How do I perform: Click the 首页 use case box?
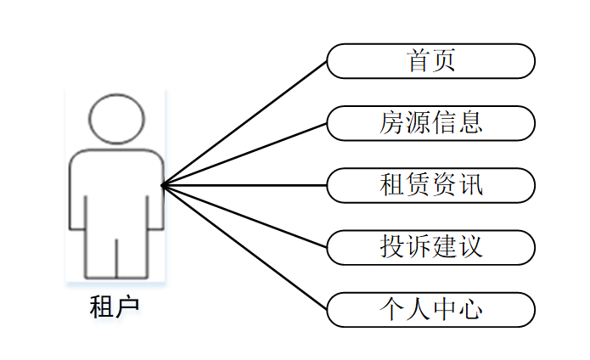[430, 61]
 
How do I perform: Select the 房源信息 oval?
[430, 123]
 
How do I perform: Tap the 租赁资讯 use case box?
[430, 185]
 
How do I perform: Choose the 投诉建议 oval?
[430, 247]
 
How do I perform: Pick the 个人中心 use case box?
[430, 309]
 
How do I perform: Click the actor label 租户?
[115, 307]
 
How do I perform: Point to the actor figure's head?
[116, 119]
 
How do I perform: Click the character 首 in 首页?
[419, 61]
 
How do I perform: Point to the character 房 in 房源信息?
[392, 123]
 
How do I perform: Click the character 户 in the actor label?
[126, 307]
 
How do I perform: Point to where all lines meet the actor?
[163, 185]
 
